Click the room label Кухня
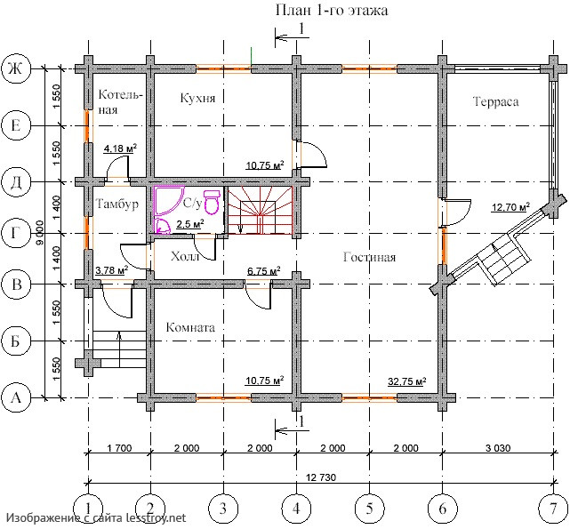(198, 99)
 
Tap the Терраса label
(496, 101)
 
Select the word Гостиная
(369, 257)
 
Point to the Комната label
(190, 327)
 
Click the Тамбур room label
(117, 204)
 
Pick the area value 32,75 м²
(407, 381)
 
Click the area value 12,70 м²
(511, 207)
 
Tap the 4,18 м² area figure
(120, 148)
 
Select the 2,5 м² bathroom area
(190, 224)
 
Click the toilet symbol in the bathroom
(212, 202)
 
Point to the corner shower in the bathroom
(169, 200)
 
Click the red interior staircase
(261, 210)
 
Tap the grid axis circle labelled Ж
(15, 69)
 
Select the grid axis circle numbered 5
(369, 508)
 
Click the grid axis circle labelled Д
(15, 181)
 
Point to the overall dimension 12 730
(321, 477)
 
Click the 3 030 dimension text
(498, 448)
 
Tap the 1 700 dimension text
(119, 448)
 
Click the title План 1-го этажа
(332, 11)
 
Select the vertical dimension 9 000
(40, 233)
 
